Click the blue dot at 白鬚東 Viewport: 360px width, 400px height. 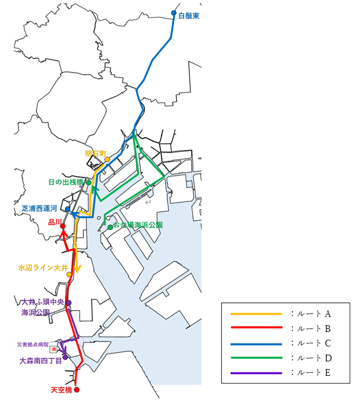point(174,13)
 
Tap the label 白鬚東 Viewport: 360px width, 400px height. point(188,16)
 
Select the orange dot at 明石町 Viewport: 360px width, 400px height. point(107,159)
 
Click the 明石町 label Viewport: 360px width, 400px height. point(95,153)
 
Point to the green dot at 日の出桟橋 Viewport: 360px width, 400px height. point(88,183)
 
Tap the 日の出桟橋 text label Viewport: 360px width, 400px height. point(65,182)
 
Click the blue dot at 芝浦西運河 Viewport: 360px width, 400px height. point(67,209)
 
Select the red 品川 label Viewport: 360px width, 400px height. point(55,222)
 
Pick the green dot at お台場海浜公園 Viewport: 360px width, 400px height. point(110,227)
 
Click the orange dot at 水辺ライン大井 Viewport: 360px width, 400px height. point(69,275)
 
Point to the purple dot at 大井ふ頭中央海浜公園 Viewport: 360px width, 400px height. point(69,302)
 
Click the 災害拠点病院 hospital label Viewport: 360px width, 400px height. point(32,344)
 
